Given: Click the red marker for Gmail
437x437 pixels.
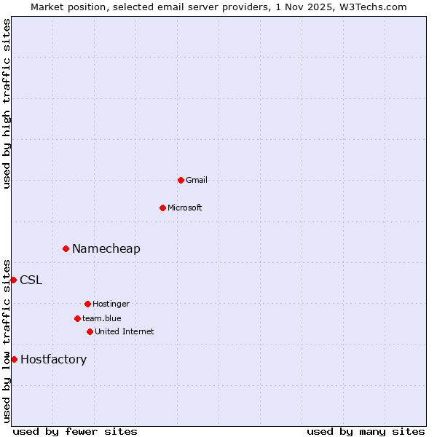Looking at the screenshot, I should [x=181, y=180].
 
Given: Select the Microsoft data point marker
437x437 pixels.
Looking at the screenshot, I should [x=162, y=208].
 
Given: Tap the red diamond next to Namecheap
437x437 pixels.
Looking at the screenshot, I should [x=66, y=248].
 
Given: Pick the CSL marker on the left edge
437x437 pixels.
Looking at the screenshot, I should [x=13, y=280].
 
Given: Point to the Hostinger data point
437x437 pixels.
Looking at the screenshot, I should [x=87, y=304].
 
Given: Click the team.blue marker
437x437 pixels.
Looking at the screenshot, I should [x=77, y=318].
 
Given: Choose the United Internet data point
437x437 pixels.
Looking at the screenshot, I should [x=90, y=331].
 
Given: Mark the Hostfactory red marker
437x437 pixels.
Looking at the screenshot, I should [x=14, y=359].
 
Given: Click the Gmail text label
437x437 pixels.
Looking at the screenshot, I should [x=197, y=180].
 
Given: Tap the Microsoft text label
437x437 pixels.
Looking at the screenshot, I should [x=185, y=208].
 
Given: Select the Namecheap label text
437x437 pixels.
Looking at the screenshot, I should [x=106, y=248].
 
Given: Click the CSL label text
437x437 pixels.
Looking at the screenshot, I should [x=31, y=280].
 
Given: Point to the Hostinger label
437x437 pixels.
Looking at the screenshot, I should [x=111, y=304].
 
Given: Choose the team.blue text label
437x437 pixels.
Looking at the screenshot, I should [x=102, y=318].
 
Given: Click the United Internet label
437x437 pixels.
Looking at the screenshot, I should [x=125, y=331].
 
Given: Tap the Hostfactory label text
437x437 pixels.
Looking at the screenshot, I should [x=54, y=359].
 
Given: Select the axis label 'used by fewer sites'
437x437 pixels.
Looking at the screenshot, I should [x=75, y=431].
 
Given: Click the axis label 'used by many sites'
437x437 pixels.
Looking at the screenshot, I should [x=366, y=431].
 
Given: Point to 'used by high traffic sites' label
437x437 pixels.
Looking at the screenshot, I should [x=7, y=103].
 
